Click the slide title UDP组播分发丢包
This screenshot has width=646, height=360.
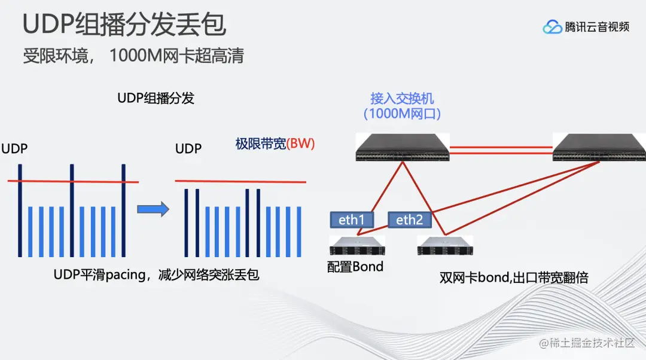[124, 25]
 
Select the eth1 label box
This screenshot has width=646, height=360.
[352, 220]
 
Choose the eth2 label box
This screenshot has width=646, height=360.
[409, 220]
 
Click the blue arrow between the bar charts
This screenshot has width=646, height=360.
[153, 209]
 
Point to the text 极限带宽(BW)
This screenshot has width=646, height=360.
[275, 144]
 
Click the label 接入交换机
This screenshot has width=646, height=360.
[401, 97]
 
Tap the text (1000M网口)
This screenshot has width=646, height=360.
[401, 114]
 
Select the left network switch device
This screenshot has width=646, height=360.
[401, 148]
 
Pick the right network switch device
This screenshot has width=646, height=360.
[599, 148]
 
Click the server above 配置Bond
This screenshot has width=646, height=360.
[356, 246]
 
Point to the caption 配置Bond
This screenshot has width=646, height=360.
[355, 267]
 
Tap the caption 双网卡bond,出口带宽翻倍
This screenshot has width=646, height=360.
[514, 277]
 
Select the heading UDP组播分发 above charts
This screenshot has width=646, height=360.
[156, 99]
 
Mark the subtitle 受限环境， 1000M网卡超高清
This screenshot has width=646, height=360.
[133, 56]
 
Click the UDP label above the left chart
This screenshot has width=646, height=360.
[14, 149]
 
